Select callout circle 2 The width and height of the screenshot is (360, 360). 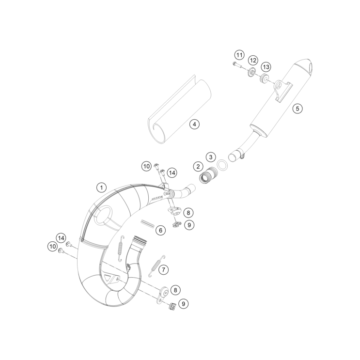pyautogui.click(x=198, y=166)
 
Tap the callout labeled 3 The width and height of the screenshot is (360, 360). pyautogui.click(x=210, y=157)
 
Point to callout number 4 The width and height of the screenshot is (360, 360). pyautogui.click(x=194, y=124)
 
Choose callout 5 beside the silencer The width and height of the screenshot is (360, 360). pyautogui.click(x=297, y=109)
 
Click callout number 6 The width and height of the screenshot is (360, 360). pyautogui.click(x=160, y=231)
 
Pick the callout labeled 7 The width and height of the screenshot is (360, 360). pyautogui.click(x=164, y=269)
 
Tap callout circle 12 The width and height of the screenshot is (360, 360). pyautogui.click(x=253, y=60)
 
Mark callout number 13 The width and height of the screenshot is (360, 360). pyautogui.click(x=265, y=66)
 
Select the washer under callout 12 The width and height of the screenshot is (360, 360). pyautogui.click(x=251, y=73)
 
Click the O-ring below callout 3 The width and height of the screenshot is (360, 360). pyautogui.click(x=221, y=165)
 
